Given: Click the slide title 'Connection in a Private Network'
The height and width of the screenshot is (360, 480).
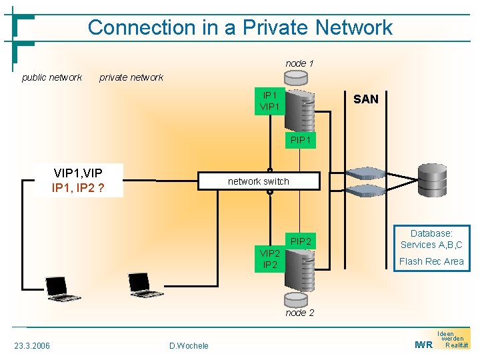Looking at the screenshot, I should click(x=240, y=27).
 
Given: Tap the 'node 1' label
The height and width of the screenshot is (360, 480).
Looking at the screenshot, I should click(x=299, y=63).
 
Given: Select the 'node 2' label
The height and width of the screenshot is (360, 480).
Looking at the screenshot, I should click(x=299, y=313).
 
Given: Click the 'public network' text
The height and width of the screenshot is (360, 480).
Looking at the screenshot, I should click(x=52, y=77).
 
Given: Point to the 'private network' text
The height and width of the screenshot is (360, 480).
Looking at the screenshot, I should click(x=131, y=77).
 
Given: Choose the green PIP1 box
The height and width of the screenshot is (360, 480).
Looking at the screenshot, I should click(x=300, y=140).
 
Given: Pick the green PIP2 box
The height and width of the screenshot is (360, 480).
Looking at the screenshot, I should click(x=301, y=241).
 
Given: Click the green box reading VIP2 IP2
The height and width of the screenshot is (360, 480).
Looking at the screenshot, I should click(x=269, y=259).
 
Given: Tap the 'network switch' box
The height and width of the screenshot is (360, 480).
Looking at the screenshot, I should click(x=259, y=181).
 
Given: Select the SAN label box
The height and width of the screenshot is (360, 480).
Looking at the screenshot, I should click(x=365, y=99).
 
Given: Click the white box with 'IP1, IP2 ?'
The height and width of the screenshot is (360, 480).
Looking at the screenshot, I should click(x=78, y=181).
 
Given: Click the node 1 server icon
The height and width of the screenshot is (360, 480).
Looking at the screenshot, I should click(x=299, y=110).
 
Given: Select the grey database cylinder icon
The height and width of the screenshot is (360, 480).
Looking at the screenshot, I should click(x=432, y=177).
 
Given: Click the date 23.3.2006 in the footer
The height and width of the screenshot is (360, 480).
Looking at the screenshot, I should click(x=31, y=345).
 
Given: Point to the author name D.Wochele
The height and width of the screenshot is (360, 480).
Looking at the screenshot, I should click(x=189, y=345).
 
